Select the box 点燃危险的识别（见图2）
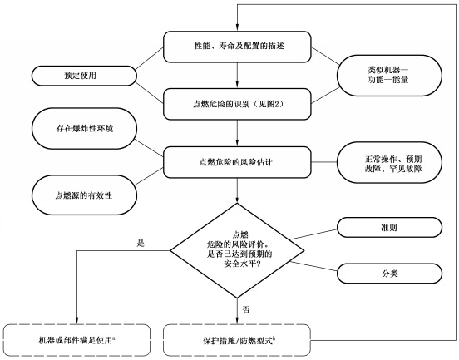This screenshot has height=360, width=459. (238, 104)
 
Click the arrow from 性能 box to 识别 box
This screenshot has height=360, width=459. (238, 74)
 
